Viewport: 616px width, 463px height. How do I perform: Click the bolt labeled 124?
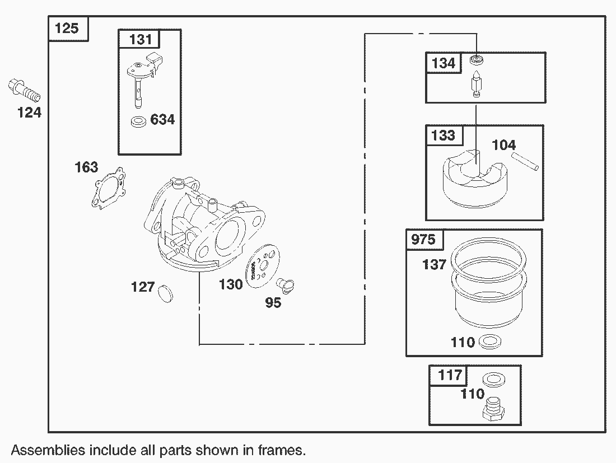pyautogui.click(x=24, y=91)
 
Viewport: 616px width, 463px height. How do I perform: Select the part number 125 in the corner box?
pyautogui.click(x=67, y=29)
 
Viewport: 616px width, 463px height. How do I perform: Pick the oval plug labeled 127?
pyautogui.click(x=165, y=293)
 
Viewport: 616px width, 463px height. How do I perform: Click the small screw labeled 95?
pyautogui.click(x=286, y=285)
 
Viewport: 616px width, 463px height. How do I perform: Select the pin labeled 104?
pyautogui.click(x=525, y=161)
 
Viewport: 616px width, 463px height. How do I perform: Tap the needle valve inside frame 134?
pyautogui.click(x=477, y=84)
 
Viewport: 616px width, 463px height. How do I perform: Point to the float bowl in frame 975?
pyautogui.click(x=488, y=282)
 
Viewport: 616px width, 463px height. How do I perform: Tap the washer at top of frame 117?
pyautogui.click(x=493, y=378)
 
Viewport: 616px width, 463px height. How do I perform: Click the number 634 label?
pyautogui.click(x=162, y=119)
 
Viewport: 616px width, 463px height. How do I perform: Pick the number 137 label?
pyautogui.click(x=434, y=264)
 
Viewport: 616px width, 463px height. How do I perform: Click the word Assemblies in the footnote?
pyautogui.click(x=48, y=450)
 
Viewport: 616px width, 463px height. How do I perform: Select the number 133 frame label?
pyautogui.click(x=443, y=135)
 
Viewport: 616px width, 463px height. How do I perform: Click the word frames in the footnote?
pyautogui.click(x=282, y=450)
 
